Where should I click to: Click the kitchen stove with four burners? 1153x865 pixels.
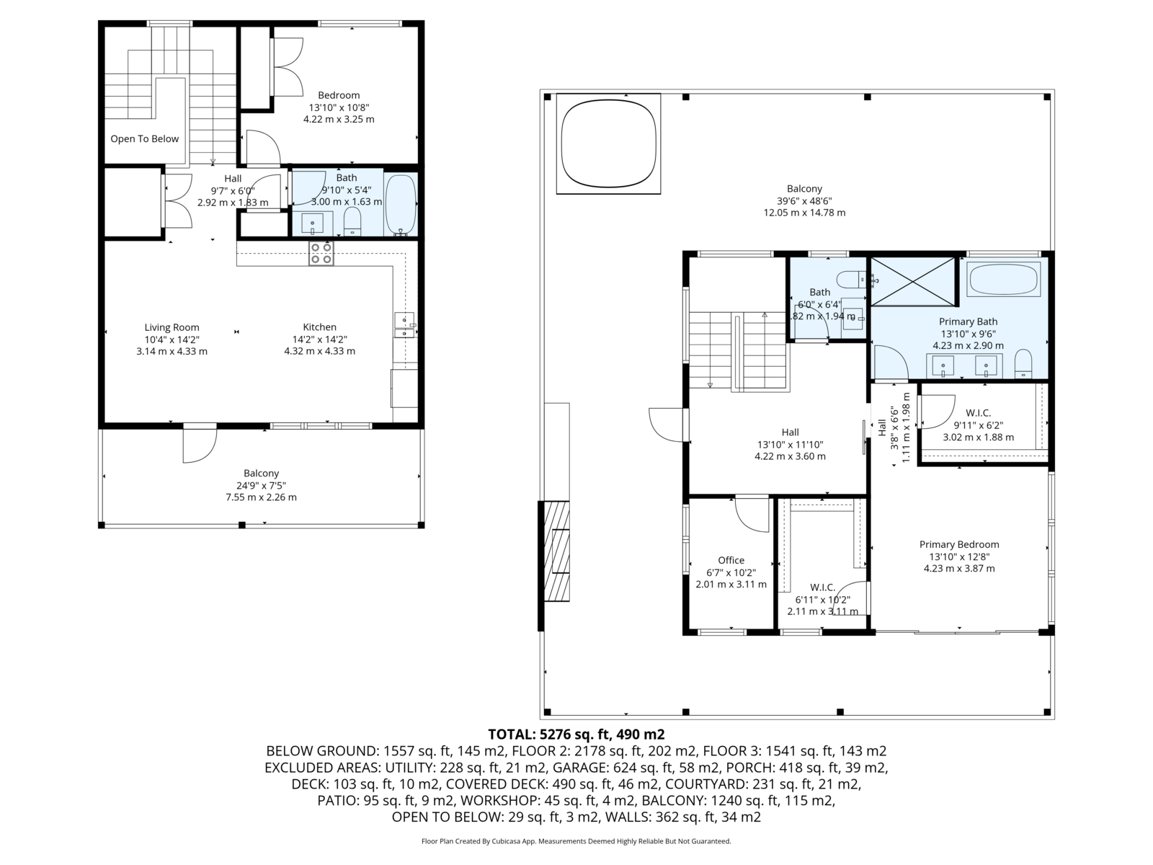coord(321,253)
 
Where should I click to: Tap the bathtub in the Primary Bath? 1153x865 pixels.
coord(1004,279)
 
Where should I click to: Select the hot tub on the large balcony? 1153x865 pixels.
coord(608,143)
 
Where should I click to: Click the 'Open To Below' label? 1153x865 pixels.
coord(144,138)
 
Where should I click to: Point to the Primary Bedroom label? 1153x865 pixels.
coord(959,545)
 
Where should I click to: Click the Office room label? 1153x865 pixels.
coord(731,560)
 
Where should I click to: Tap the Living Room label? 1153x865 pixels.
coord(172,327)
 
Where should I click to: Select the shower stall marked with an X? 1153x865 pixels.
coord(914,282)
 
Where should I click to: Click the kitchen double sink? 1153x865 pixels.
coord(404,324)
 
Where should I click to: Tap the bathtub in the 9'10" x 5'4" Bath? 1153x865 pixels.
coord(401,204)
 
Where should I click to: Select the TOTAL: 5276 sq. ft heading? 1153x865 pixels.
coord(576,735)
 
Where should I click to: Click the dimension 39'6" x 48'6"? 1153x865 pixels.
coord(804,200)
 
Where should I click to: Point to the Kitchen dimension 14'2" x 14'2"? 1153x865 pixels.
coord(319,340)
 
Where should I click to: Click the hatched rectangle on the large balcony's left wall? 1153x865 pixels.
coord(557,551)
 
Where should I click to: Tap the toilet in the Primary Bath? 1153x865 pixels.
coord(1023,364)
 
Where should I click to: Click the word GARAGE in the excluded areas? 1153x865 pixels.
coord(576,768)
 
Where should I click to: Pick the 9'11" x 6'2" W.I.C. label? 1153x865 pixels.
coord(978,425)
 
